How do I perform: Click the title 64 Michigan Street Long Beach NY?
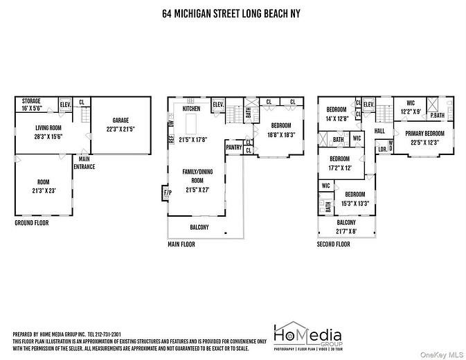click(233, 13)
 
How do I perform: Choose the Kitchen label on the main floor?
click(191, 109)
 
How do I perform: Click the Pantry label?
click(233, 147)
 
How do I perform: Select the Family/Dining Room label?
click(197, 174)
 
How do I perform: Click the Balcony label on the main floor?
click(199, 227)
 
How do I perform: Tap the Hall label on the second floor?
click(379, 130)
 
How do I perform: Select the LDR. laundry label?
click(382, 148)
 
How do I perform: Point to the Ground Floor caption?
click(33, 223)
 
